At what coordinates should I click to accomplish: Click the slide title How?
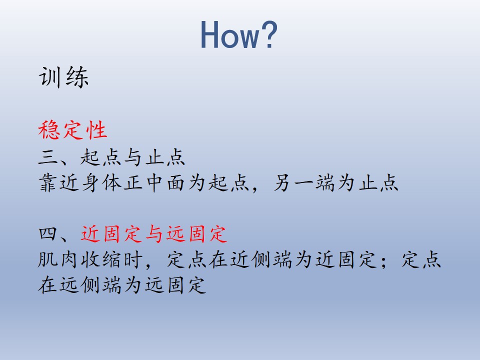tap(239, 34)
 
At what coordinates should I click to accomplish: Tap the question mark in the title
tap(269, 34)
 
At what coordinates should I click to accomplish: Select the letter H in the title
tap(210, 34)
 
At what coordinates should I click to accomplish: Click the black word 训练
tap(63, 77)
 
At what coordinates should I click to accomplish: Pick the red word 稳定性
tap(72, 130)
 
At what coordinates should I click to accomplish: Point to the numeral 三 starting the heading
tap(48, 157)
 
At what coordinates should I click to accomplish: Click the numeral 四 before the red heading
tap(48, 233)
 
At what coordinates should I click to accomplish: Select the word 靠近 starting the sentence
tap(59, 183)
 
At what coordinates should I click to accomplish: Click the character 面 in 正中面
tap(175, 183)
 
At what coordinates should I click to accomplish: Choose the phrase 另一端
tap(304, 183)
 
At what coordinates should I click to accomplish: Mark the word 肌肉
tap(58, 260)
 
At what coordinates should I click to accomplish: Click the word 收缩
tap(101, 260)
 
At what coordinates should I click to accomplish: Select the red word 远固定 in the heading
tap(196, 233)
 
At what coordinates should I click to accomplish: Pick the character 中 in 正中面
tap(154, 183)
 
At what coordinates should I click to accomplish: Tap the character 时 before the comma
tap(133, 260)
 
